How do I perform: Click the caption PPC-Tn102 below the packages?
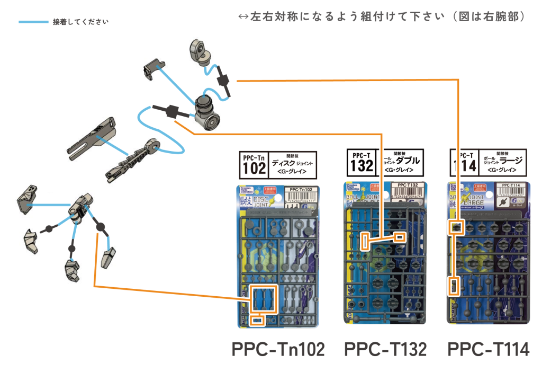pyautogui.click(x=278, y=349)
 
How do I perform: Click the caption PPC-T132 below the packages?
pyautogui.click(x=385, y=349)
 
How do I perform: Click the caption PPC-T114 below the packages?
pyautogui.click(x=488, y=349)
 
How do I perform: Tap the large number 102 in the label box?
pyautogui.click(x=254, y=169)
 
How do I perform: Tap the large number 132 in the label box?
pyautogui.click(x=362, y=166)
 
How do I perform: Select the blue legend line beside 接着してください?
pyautogui.click(x=33, y=22)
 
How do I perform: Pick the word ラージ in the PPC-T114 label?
pyautogui.click(x=510, y=160)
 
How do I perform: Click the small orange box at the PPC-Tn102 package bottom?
pyautogui.click(x=257, y=320)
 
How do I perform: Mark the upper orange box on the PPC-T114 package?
pyautogui.click(x=455, y=227)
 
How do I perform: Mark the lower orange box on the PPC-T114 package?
pyautogui.click(x=454, y=286)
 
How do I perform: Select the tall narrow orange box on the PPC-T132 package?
pyautogui.click(x=366, y=242)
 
